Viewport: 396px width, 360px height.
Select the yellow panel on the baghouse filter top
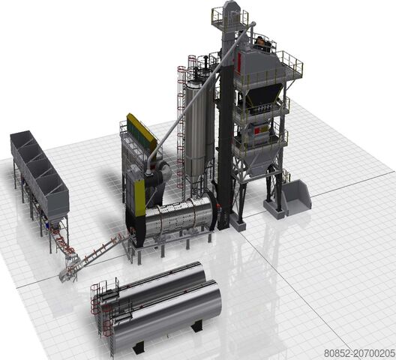[141, 128]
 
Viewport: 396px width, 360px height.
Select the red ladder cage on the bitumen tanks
[96, 304]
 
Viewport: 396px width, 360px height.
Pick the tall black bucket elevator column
[225, 127]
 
